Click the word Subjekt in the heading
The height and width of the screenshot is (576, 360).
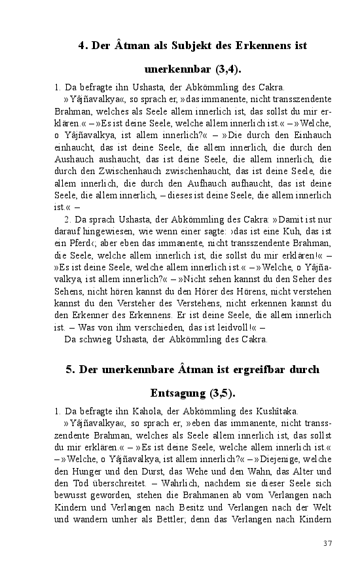coord(194,46)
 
